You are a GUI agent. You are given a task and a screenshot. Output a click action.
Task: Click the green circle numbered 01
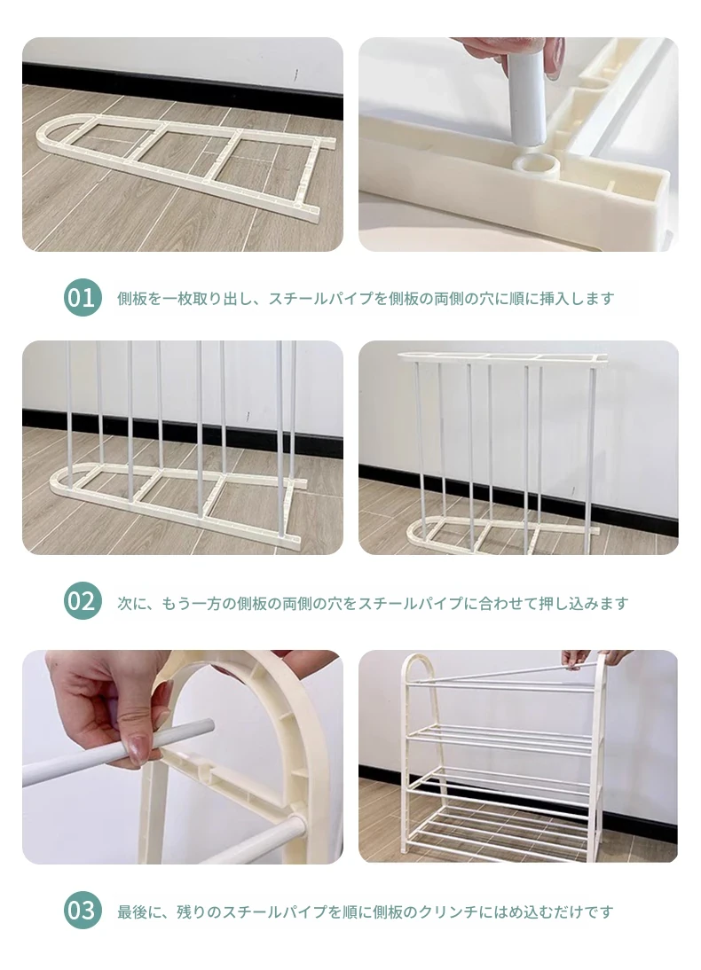[x=83, y=298]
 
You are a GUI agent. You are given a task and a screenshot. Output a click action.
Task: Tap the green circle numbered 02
[x=83, y=601]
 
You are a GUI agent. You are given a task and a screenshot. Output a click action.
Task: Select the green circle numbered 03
[x=83, y=911]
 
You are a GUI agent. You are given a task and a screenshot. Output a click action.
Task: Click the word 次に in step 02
[x=132, y=603]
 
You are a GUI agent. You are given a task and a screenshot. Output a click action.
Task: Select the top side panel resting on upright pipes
[x=501, y=357]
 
